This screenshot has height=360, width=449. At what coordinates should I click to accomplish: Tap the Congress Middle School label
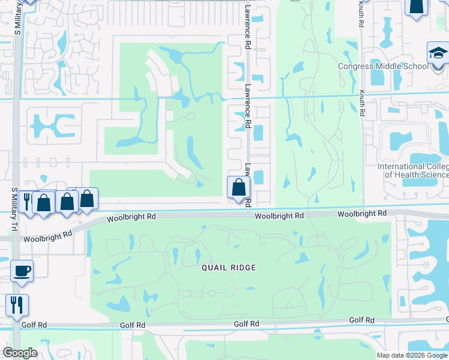(384, 66)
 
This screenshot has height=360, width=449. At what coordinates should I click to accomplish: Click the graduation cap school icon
(438, 53)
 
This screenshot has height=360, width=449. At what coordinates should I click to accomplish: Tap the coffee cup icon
(22, 271)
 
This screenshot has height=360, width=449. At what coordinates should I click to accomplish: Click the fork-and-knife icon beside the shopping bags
(27, 201)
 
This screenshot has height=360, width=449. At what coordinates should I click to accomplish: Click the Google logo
(20, 353)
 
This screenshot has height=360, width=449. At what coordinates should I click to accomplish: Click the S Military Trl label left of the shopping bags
(15, 207)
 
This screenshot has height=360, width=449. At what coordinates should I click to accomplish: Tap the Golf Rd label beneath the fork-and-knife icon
(34, 325)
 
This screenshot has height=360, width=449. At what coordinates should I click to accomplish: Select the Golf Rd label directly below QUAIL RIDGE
(246, 323)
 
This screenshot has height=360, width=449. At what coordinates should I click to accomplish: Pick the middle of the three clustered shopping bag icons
(67, 202)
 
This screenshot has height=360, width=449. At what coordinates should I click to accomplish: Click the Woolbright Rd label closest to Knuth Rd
(362, 214)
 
